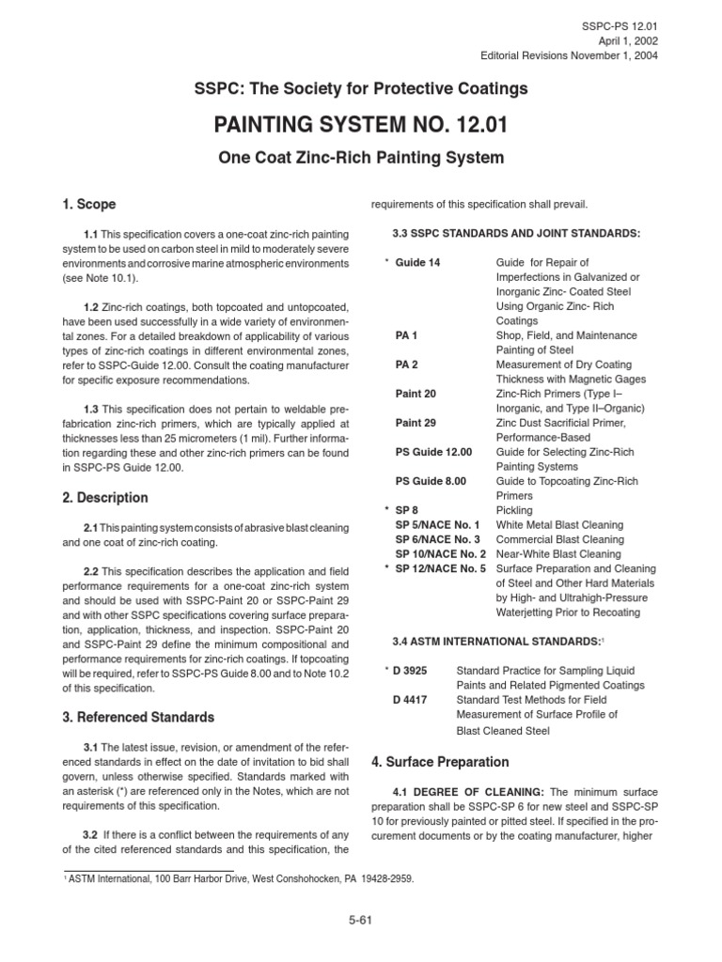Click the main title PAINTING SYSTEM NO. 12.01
point(360,125)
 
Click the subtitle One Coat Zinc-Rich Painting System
point(360,159)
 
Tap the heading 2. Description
point(103,497)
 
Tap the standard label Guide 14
point(417,261)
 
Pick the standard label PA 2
point(407,364)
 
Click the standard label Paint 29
point(415,423)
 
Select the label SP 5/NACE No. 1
point(438,524)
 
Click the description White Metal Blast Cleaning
point(559,524)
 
